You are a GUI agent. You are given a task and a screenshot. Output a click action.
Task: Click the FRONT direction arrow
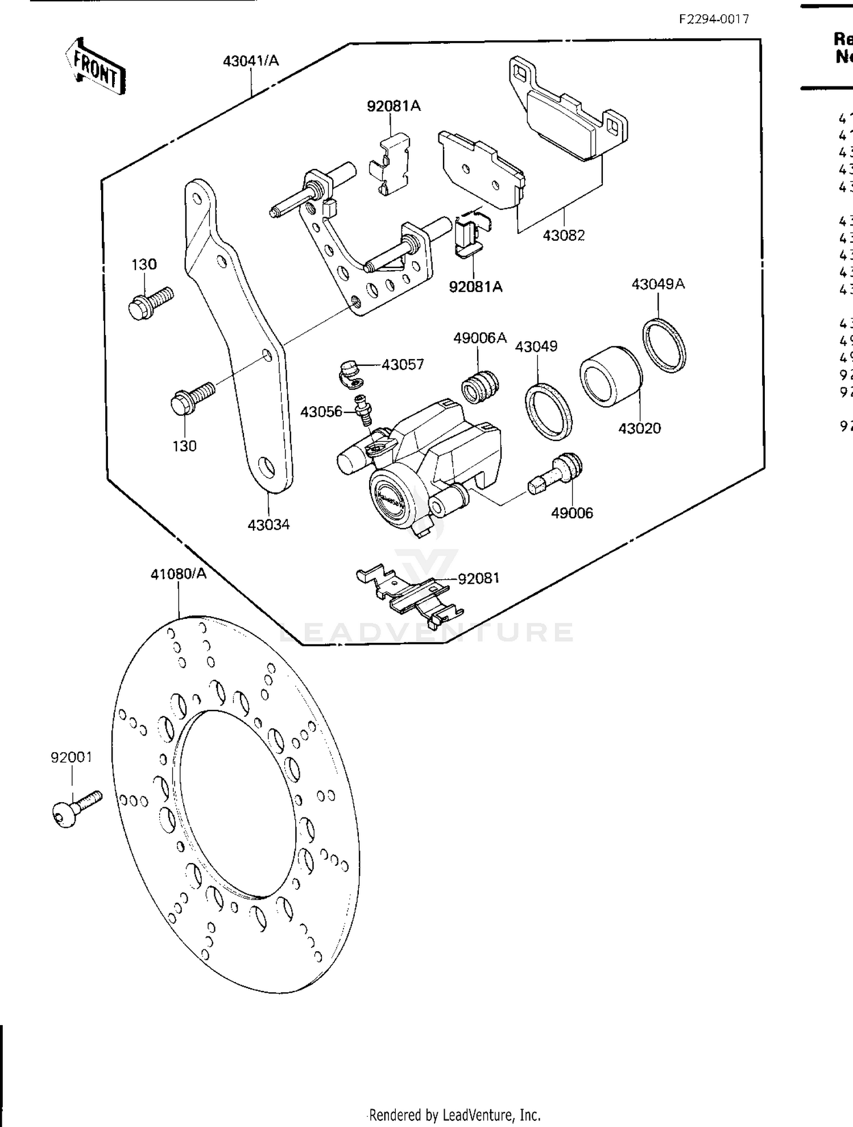coord(94,67)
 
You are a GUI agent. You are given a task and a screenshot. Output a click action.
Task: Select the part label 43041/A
coord(251,61)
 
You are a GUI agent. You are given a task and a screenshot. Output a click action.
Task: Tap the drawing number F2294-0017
coord(714,19)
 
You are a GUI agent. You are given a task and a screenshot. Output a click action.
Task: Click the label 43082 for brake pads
coord(564,236)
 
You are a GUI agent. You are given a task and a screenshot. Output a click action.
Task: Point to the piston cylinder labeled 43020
coord(611,375)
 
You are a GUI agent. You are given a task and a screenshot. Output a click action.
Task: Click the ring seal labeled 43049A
coord(664,346)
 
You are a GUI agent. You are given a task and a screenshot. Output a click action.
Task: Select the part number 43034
coord(268,525)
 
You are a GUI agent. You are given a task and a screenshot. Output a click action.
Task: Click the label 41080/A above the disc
coord(179,574)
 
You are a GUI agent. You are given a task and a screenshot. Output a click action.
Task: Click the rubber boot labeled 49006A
coord(479,386)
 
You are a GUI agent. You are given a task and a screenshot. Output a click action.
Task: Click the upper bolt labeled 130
coord(150,302)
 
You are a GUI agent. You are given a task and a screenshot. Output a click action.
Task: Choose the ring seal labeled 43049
coord(548,412)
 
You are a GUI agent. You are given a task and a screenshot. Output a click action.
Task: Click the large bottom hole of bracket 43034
coord(266,468)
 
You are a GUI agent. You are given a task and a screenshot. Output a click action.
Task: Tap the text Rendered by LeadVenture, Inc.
coord(455,1114)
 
